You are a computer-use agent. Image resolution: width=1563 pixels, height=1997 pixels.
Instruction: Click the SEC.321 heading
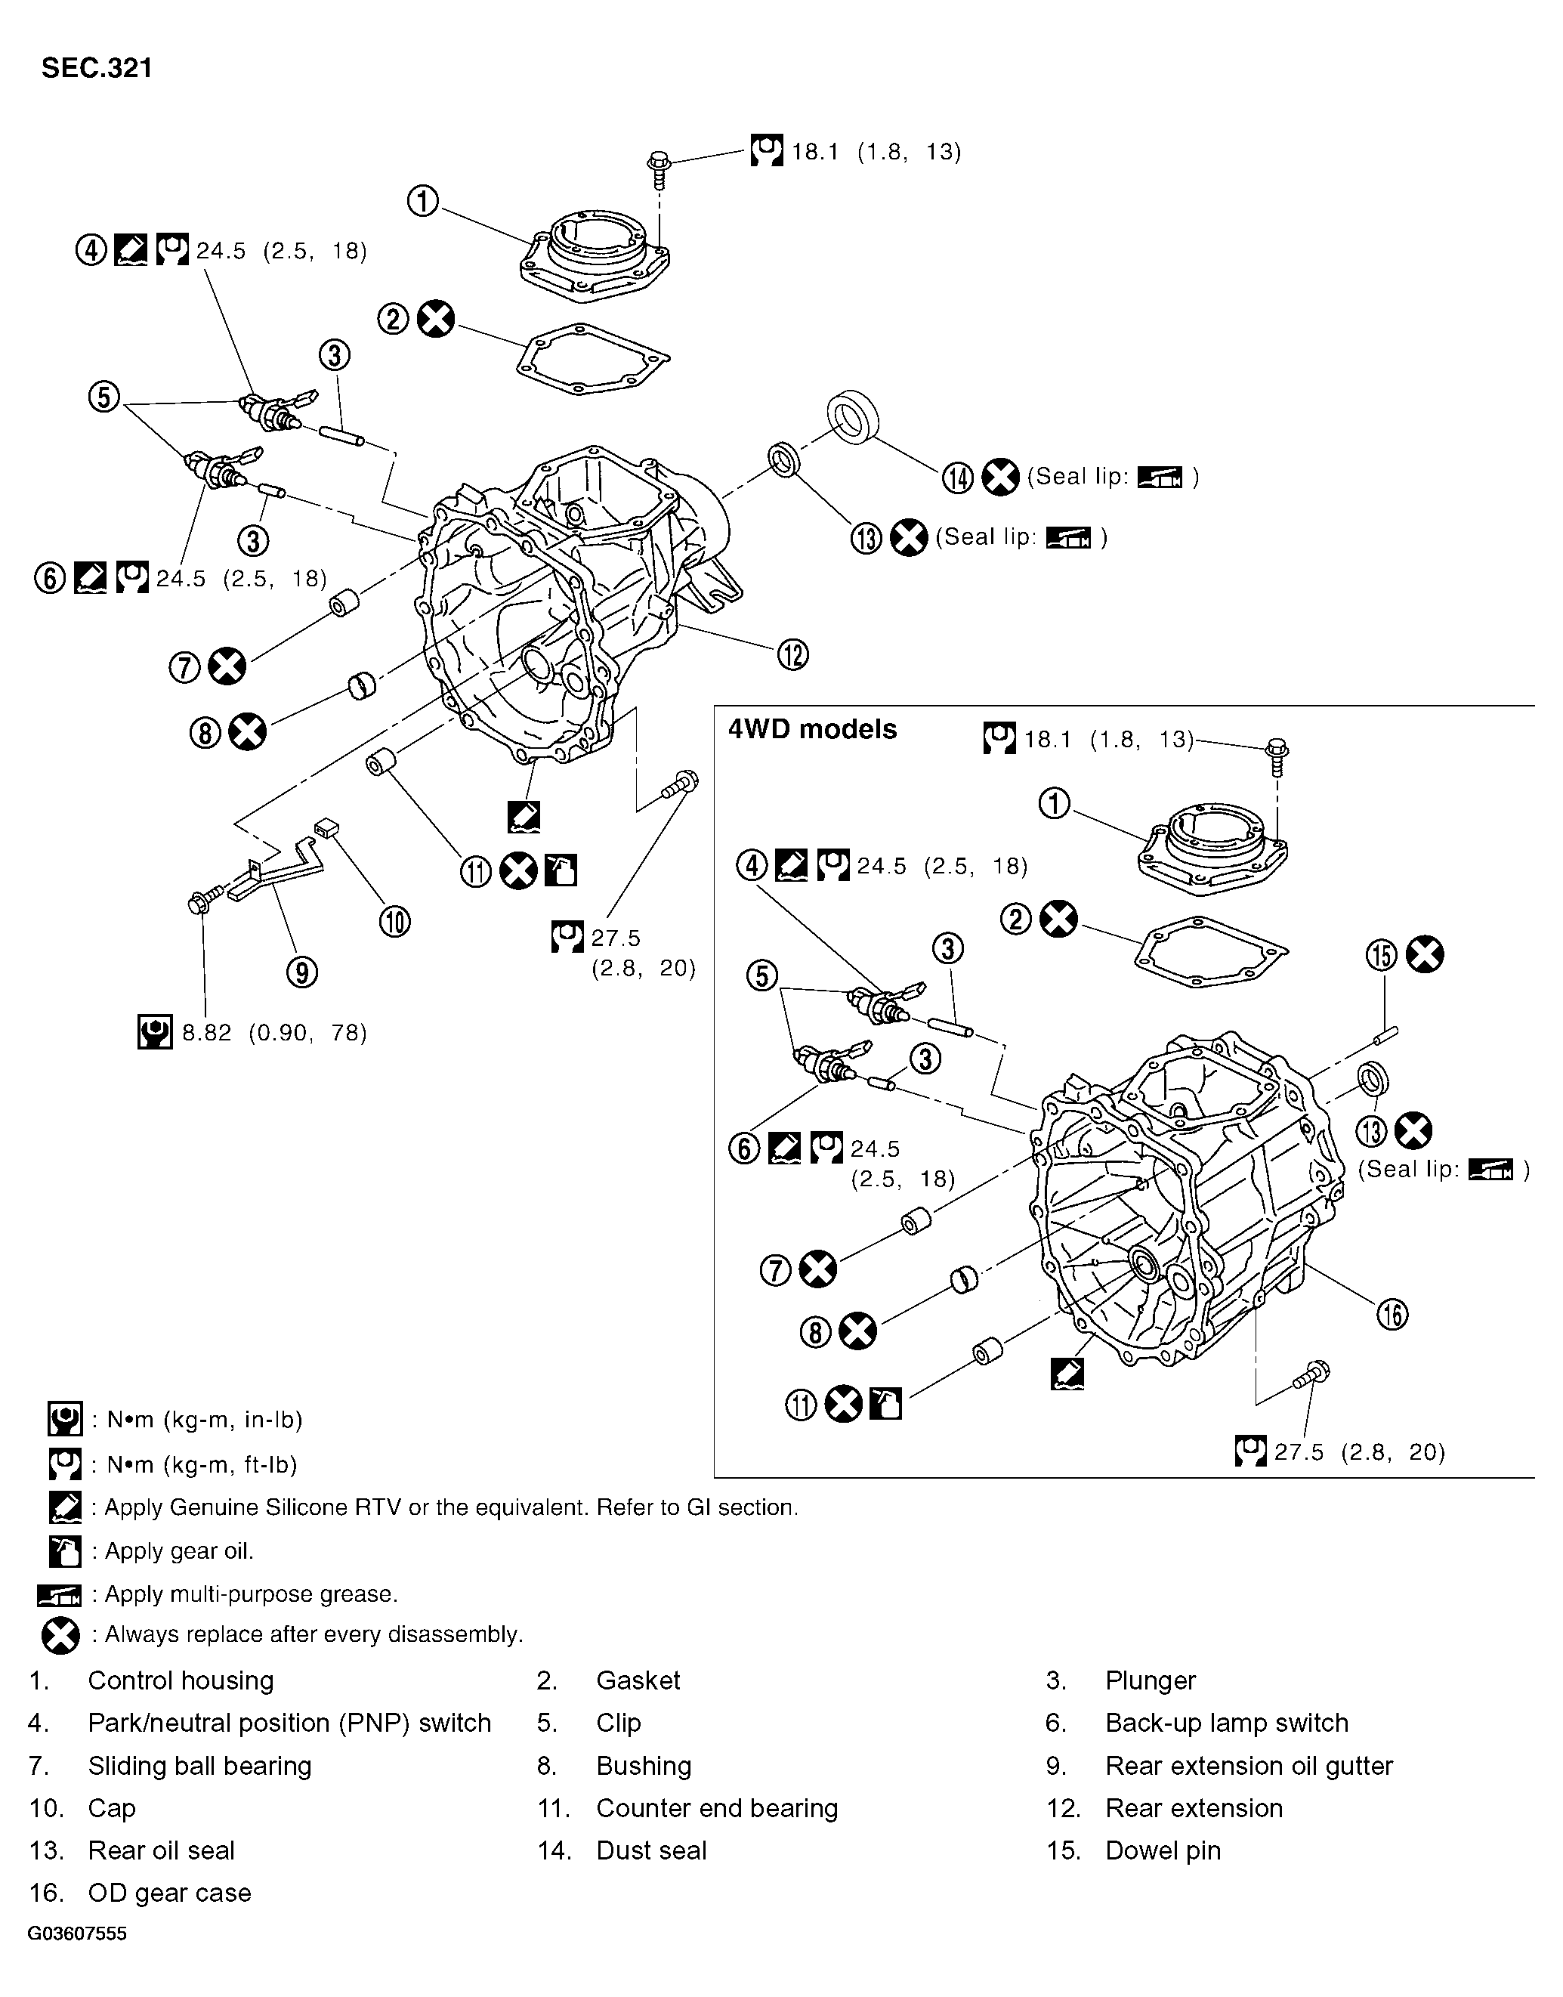point(96,69)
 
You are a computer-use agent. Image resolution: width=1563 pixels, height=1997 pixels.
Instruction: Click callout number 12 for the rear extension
point(792,654)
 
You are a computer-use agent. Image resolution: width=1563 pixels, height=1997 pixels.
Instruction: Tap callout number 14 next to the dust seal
point(957,478)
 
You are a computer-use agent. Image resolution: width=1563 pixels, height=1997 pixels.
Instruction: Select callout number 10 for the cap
point(394,922)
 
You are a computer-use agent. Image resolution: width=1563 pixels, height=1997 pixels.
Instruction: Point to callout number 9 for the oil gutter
point(302,971)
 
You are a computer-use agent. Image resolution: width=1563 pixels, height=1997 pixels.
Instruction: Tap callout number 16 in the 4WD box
point(1392,1315)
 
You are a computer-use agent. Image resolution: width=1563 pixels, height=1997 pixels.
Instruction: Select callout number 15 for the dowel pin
point(1381,956)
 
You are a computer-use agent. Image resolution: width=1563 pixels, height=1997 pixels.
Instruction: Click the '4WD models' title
point(811,729)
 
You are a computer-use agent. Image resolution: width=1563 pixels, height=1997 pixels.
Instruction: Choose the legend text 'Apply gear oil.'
point(178,1550)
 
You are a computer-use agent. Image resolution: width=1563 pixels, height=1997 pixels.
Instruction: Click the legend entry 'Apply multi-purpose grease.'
point(251,1594)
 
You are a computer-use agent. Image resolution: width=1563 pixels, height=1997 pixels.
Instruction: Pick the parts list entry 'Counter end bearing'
point(716,1807)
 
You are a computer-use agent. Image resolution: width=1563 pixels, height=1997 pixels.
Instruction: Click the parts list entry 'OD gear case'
point(169,1892)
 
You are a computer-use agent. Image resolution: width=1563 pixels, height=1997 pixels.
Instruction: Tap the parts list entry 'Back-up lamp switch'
point(1226,1723)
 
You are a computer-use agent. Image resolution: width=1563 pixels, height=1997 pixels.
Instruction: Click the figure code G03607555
point(77,1934)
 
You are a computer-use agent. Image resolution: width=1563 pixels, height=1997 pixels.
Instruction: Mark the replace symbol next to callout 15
point(1425,954)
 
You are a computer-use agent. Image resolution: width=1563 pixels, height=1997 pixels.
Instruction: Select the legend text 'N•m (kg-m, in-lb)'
point(204,1420)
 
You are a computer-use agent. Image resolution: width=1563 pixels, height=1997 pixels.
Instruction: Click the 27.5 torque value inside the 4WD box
point(1299,1452)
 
